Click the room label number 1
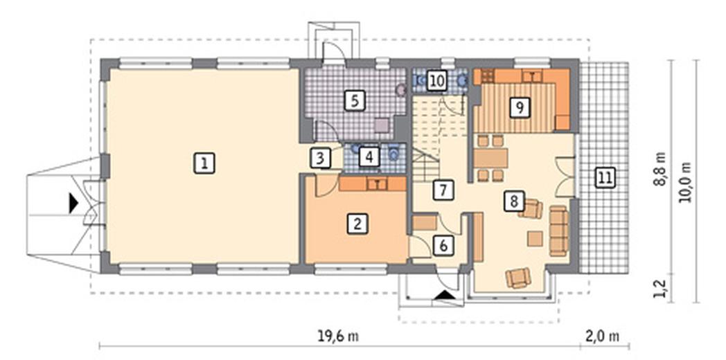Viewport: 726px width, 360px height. pyautogui.click(x=204, y=163)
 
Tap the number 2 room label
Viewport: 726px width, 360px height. pyautogui.click(x=357, y=224)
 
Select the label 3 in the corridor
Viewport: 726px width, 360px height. pyautogui.click(x=321, y=158)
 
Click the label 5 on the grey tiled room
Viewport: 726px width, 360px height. pyautogui.click(x=355, y=100)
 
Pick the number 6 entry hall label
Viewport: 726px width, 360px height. pyautogui.click(x=443, y=245)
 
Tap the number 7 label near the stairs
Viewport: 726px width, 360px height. pyautogui.click(x=443, y=190)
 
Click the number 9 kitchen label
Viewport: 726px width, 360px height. pyautogui.click(x=519, y=107)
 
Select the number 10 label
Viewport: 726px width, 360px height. pyautogui.click(x=436, y=80)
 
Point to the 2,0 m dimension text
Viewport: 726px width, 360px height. pyautogui.click(x=605, y=336)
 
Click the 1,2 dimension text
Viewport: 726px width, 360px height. pyautogui.click(x=659, y=288)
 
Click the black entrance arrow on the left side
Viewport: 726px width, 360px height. pyautogui.click(x=73, y=204)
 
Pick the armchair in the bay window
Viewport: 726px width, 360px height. pyautogui.click(x=518, y=278)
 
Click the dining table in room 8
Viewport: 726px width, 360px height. pyautogui.click(x=490, y=159)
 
